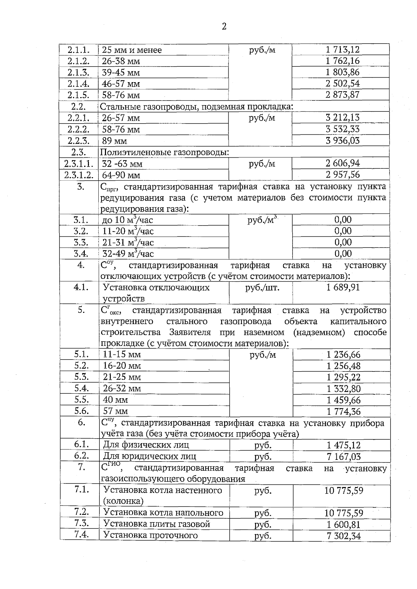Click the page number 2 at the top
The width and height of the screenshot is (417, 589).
tap(224, 26)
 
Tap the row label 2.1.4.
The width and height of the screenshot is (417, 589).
tap(79, 84)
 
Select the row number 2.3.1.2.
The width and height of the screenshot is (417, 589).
tap(79, 175)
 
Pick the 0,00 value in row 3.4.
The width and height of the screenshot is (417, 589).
tap(343, 253)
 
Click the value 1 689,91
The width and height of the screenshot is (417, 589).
tap(343, 287)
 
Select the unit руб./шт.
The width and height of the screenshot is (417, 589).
tap(262, 288)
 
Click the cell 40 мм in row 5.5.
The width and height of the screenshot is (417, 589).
tap(115, 400)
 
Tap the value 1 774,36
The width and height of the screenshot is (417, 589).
tap(343, 412)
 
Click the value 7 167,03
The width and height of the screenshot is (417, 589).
tap(343, 456)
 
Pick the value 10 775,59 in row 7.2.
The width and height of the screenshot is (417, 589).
tap(343, 513)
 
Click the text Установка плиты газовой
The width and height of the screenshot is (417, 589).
tap(157, 524)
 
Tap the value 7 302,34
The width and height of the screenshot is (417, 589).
tap(343, 536)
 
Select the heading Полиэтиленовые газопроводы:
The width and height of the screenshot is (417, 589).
tap(164, 152)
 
